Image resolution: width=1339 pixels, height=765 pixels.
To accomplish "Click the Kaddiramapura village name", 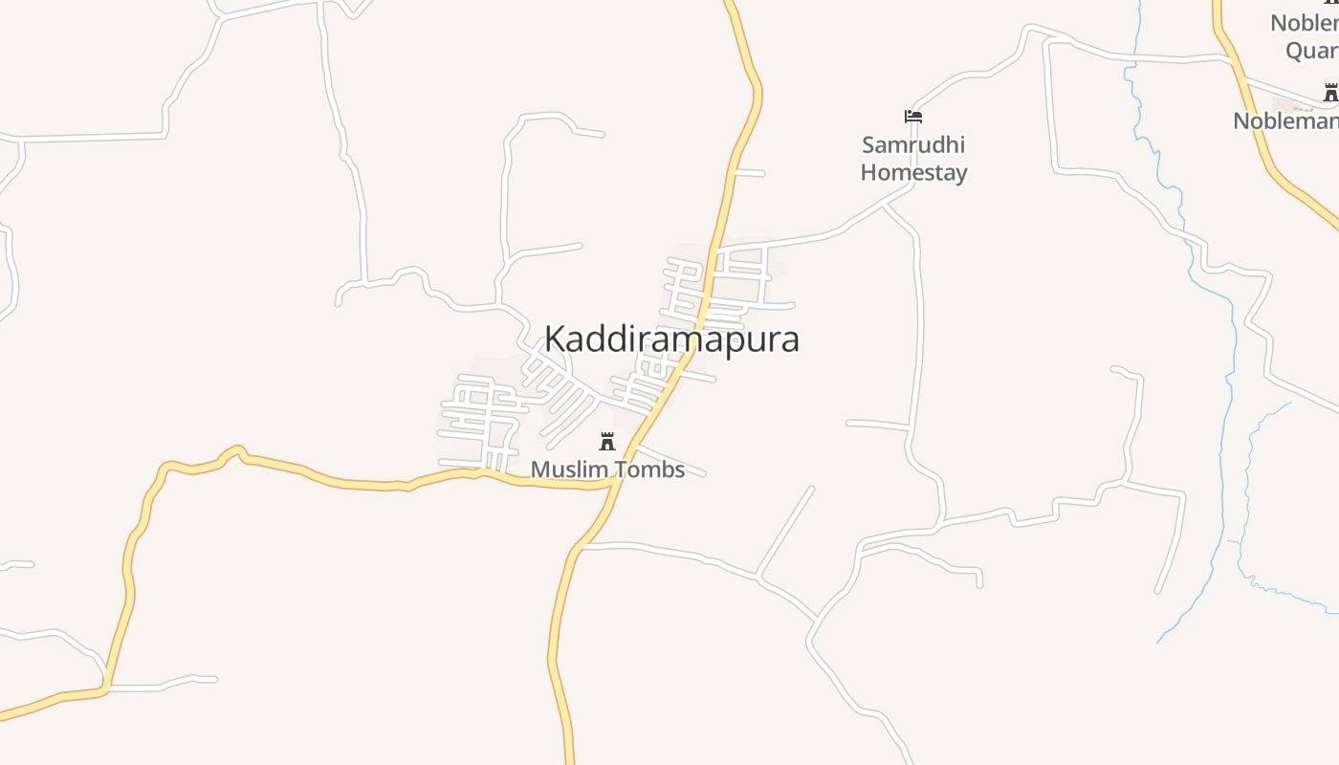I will point(671,339).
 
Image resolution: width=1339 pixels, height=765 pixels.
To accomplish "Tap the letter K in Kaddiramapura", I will point(555,339).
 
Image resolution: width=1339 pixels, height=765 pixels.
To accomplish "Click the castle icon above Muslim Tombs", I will point(606,441).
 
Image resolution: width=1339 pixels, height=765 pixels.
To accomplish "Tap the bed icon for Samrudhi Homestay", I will point(913,117).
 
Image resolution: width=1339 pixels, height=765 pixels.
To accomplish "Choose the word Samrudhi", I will point(913,145).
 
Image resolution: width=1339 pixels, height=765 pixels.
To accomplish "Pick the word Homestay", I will point(913,173).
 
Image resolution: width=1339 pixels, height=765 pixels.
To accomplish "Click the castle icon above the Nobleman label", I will point(1329,93).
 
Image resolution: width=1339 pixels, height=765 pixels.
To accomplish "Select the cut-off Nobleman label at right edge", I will point(1285,121).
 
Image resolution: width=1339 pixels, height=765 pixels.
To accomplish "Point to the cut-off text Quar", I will point(1311,51).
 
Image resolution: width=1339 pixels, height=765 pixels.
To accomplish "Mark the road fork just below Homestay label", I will point(886,203).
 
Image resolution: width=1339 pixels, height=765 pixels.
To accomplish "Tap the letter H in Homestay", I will point(867,173).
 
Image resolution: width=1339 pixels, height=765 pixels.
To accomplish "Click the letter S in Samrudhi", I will point(868,145).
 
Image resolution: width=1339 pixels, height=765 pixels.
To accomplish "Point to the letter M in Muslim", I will point(540,470).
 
